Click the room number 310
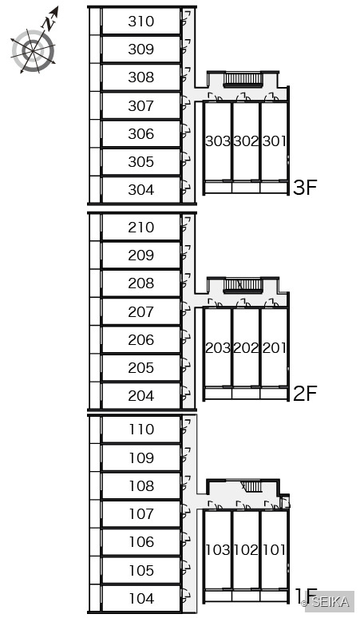(x=140, y=22)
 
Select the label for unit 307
(x=140, y=105)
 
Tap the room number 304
(x=140, y=190)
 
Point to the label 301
(x=274, y=141)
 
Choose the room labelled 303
(x=218, y=141)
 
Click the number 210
(x=140, y=228)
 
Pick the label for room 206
(x=140, y=340)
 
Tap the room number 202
(x=246, y=348)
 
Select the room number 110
(x=141, y=430)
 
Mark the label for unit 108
(x=141, y=486)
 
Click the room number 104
(x=141, y=599)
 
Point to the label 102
(x=246, y=550)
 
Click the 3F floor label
(x=305, y=187)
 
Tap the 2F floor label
(x=305, y=393)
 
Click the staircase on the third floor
(x=243, y=80)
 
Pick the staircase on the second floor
(x=243, y=286)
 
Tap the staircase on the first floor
(x=251, y=487)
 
